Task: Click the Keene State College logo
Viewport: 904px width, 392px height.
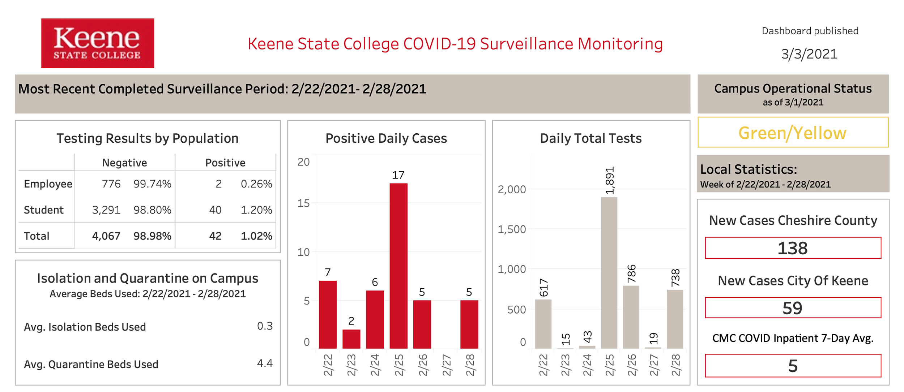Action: (x=97, y=43)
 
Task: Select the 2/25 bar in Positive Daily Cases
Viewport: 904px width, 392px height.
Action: (x=398, y=266)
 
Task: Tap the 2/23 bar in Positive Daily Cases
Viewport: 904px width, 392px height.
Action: (x=351, y=339)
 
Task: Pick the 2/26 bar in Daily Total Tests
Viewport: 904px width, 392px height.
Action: (x=631, y=317)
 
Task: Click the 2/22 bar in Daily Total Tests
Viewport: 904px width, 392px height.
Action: (x=543, y=324)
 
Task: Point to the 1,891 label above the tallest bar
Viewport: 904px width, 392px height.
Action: (x=610, y=181)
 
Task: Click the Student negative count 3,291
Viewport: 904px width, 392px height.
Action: (x=106, y=210)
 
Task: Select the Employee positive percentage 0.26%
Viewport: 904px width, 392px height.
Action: (x=256, y=184)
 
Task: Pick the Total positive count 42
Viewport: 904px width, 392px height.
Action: (x=215, y=236)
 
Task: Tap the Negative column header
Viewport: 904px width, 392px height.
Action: (x=124, y=163)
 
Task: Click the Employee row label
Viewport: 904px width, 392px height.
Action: (x=48, y=184)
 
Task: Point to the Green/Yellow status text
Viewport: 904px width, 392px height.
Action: (x=792, y=133)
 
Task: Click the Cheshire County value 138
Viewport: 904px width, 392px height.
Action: (x=792, y=248)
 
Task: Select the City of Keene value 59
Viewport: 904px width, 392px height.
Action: (x=792, y=308)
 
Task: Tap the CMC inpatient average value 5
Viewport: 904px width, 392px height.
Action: (x=793, y=366)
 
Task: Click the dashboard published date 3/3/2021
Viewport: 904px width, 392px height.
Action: (x=809, y=54)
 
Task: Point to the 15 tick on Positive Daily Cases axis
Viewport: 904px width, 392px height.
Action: (x=303, y=203)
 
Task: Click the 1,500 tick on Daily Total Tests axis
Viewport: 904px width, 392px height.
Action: (x=512, y=229)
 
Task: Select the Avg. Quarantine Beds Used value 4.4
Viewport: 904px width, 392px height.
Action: (x=265, y=363)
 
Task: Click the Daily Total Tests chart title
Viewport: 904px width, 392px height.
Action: (x=591, y=138)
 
